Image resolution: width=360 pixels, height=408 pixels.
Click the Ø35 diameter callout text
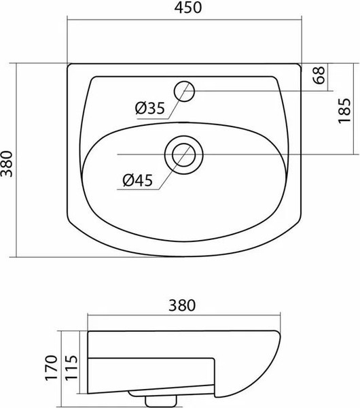tap(149, 108)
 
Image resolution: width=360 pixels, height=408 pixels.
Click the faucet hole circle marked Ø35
tap(184, 90)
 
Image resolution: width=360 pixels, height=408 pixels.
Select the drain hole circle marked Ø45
tap(183, 153)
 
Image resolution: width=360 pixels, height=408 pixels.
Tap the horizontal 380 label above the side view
tap(184, 305)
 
